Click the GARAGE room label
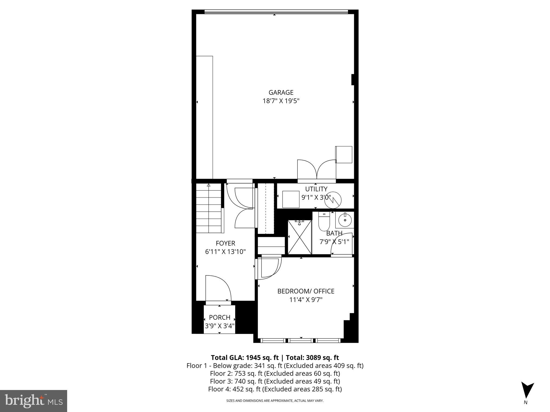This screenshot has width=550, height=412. (281, 93)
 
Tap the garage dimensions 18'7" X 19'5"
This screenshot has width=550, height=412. (281, 101)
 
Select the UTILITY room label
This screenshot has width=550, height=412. (316, 189)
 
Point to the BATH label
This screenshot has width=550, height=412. (334, 233)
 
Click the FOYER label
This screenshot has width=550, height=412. (225, 243)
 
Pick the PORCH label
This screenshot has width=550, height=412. (219, 318)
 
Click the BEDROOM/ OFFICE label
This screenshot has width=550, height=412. (306, 291)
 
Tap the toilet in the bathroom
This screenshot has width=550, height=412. (324, 222)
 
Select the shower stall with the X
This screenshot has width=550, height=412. (299, 237)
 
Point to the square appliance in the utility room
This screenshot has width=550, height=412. (291, 199)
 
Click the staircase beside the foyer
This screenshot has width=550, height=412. (209, 208)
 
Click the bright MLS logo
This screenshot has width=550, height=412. (34, 401)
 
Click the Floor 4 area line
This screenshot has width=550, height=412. (275, 389)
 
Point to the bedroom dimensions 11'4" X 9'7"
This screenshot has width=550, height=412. (306, 300)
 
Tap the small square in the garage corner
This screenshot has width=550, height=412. (344, 154)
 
